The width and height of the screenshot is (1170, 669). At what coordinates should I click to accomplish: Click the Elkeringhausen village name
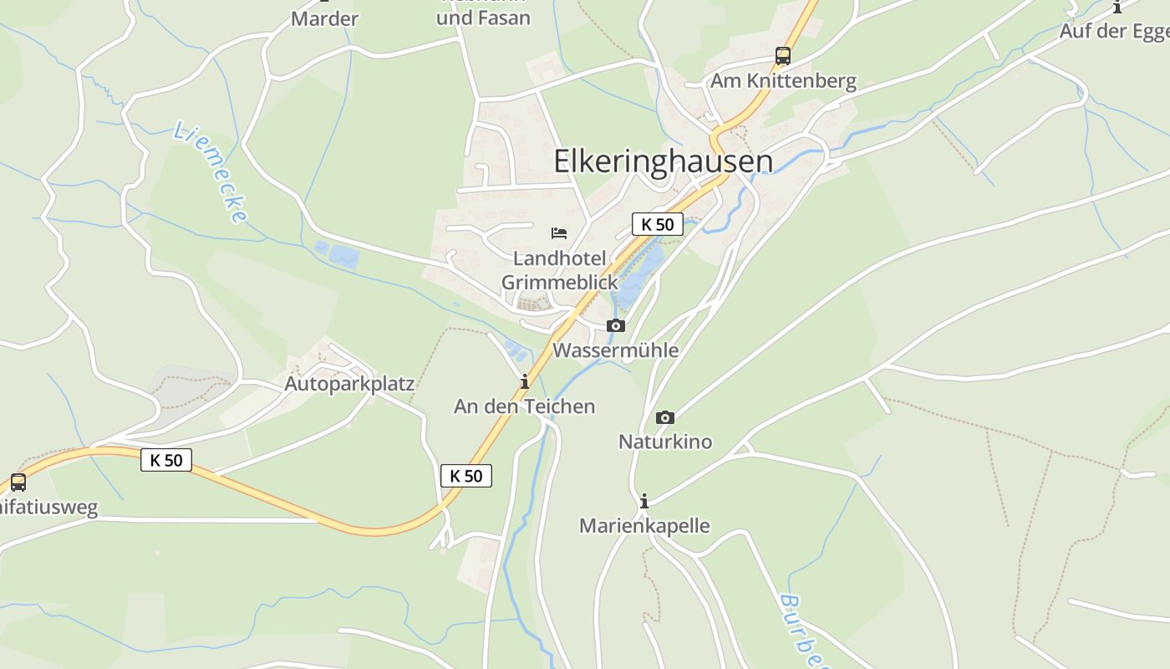663,161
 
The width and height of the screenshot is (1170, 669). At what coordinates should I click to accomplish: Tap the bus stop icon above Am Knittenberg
783,56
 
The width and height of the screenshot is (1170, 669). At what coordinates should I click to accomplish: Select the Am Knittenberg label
783,81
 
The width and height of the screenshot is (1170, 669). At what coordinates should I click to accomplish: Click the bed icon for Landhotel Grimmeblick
559,233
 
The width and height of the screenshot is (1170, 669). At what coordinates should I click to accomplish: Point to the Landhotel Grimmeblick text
560,270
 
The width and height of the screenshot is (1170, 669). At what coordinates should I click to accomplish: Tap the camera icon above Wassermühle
616,325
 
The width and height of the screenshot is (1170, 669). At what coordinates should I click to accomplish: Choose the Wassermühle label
616,350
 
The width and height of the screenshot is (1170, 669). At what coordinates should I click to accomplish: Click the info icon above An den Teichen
525,382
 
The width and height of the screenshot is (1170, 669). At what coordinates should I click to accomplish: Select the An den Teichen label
525,406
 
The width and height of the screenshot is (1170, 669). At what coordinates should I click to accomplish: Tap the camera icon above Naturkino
665,417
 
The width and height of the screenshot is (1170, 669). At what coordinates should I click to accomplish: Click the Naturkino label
665,442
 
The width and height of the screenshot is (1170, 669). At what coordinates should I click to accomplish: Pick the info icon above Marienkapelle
644,502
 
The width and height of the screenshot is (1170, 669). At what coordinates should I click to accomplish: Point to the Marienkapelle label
644,526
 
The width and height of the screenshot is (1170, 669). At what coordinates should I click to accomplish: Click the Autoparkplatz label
349,384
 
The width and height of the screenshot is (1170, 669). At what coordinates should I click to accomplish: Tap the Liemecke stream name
211,172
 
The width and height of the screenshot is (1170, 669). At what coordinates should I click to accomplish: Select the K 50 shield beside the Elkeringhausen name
658,224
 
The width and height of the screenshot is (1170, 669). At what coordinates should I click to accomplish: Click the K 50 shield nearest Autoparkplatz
166,460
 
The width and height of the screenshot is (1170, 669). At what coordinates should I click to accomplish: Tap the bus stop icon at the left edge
18,483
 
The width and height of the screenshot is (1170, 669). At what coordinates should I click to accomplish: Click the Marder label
324,18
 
